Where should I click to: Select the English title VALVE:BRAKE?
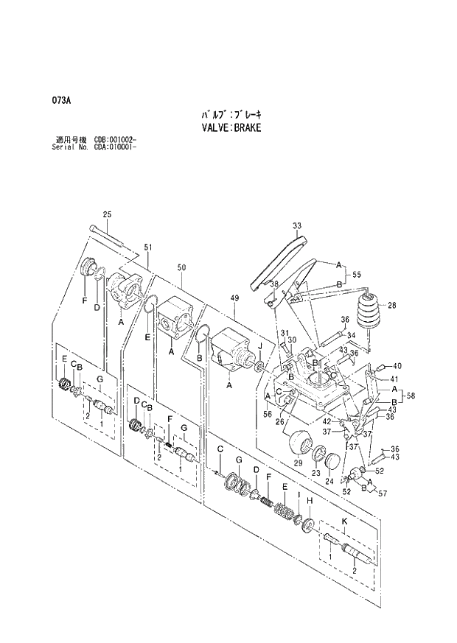(231, 127)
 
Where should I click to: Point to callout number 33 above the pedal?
(296, 225)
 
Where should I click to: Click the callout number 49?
(235, 298)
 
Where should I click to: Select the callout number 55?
(357, 274)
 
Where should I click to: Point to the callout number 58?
(411, 396)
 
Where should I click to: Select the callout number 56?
(267, 415)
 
